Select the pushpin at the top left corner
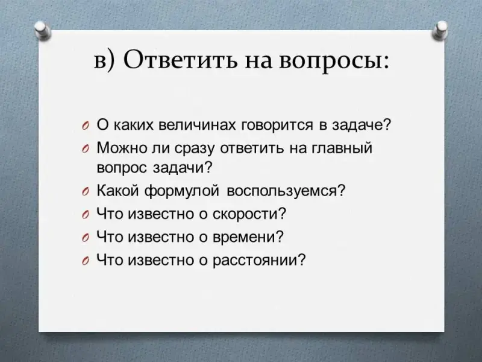click(x=42, y=30)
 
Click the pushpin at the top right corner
click(x=440, y=30)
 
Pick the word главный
click(x=342, y=148)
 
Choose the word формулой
click(x=182, y=191)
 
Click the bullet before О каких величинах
click(x=86, y=126)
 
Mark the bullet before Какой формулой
click(x=86, y=192)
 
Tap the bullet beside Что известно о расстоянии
click(x=86, y=261)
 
